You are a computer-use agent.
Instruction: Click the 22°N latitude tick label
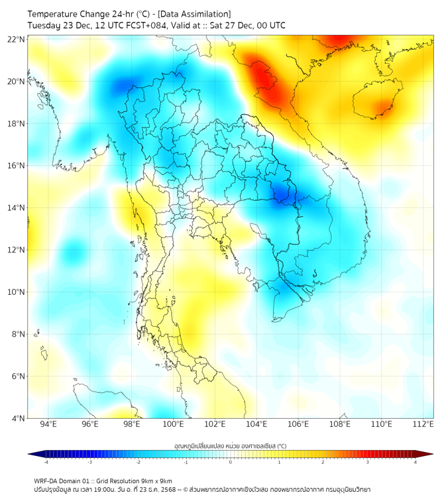(x=17, y=40)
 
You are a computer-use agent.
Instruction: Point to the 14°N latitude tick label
(x=17, y=208)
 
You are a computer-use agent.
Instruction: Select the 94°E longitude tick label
(x=48, y=424)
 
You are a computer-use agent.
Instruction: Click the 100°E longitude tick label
(x=173, y=424)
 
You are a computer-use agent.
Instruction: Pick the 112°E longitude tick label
(x=423, y=424)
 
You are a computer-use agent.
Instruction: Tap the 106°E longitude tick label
(x=298, y=424)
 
